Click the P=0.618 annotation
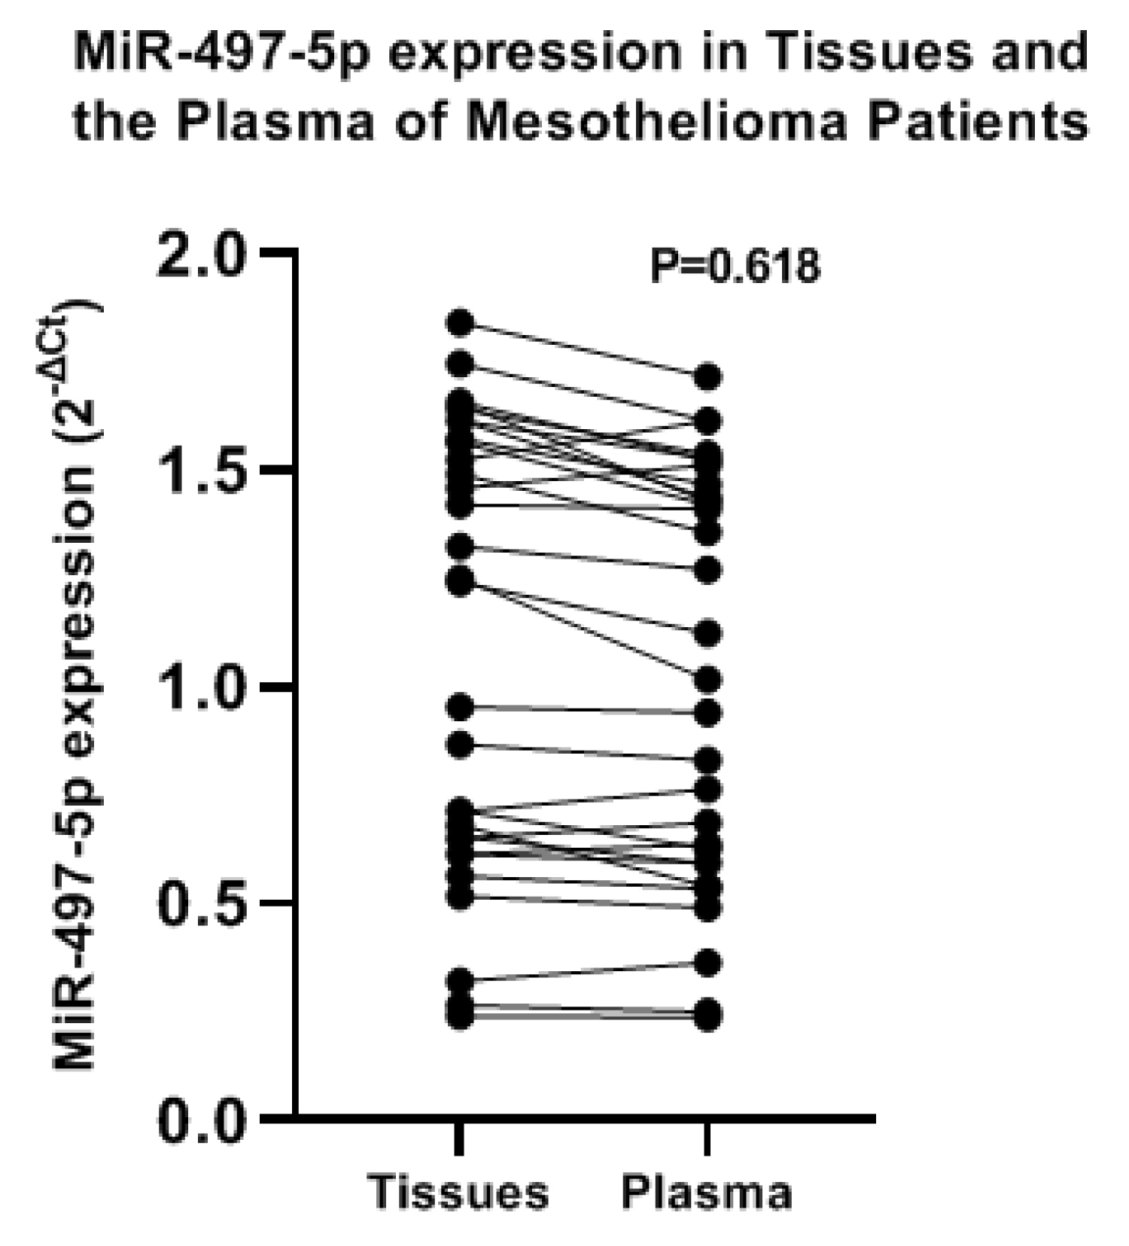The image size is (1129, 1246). [x=735, y=267]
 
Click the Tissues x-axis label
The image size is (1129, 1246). [x=459, y=1192]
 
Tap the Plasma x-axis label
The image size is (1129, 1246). [x=707, y=1192]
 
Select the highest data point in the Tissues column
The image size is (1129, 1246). [x=460, y=323]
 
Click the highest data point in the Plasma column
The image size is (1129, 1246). [x=708, y=376]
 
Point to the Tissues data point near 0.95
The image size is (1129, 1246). [x=460, y=706]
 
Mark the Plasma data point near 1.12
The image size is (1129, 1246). [x=708, y=633]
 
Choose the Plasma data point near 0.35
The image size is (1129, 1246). [x=708, y=963]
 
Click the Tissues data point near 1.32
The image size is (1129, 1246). [x=460, y=546]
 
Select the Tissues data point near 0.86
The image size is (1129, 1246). [x=460, y=745]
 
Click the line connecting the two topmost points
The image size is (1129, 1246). [x=583, y=350]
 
